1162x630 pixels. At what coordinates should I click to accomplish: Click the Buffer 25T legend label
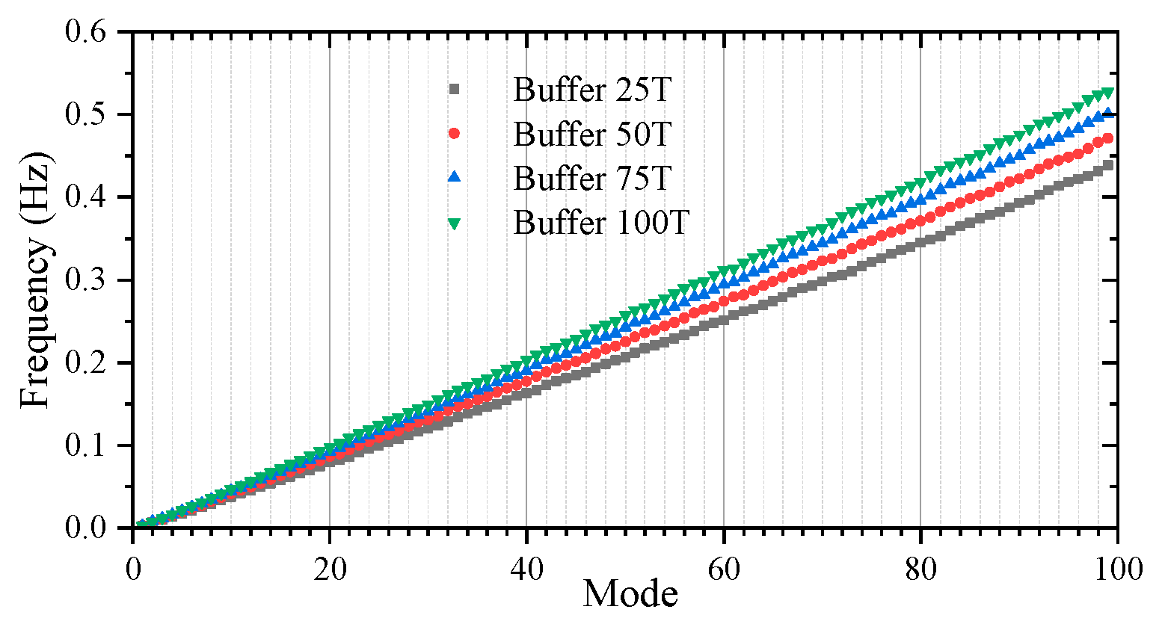592,90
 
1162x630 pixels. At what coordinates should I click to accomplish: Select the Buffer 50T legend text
592,135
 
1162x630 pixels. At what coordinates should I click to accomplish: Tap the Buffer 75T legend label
592,179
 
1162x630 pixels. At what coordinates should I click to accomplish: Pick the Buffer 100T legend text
600,223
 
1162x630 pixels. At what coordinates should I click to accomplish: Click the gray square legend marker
454,90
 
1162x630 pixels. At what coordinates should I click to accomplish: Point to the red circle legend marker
454,134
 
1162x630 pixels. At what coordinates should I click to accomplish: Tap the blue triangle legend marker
454,178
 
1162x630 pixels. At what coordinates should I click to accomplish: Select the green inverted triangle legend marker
454,223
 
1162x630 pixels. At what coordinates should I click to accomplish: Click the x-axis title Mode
630,594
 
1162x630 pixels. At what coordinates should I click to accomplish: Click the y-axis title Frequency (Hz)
35,280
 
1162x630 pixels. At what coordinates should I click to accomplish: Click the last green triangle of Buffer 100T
1107,93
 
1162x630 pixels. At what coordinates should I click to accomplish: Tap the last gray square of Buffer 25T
1107,165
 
